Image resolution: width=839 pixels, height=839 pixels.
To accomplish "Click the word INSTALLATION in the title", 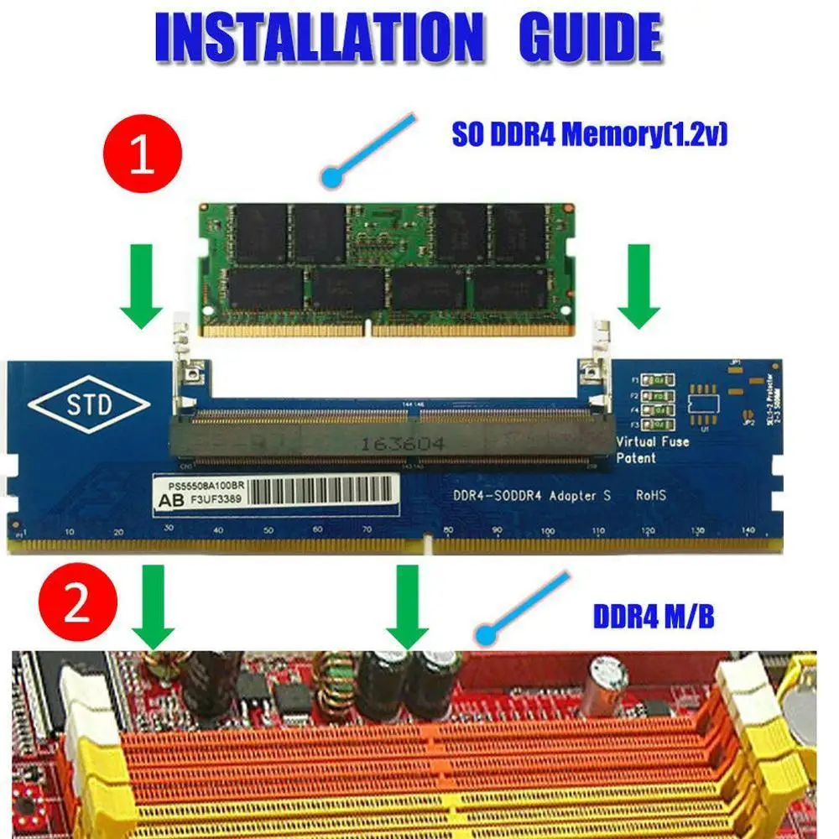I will (319, 38).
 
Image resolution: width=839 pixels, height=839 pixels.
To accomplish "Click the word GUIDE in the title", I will (591, 38).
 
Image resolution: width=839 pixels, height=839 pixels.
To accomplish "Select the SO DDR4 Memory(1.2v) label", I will (589, 134).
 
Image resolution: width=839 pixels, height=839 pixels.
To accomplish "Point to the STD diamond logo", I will (89, 405).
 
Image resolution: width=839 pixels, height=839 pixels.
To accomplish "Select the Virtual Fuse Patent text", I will (653, 450).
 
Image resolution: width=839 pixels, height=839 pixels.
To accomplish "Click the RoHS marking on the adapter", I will (651, 496).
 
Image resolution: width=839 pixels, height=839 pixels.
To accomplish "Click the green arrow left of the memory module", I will (141, 286).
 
